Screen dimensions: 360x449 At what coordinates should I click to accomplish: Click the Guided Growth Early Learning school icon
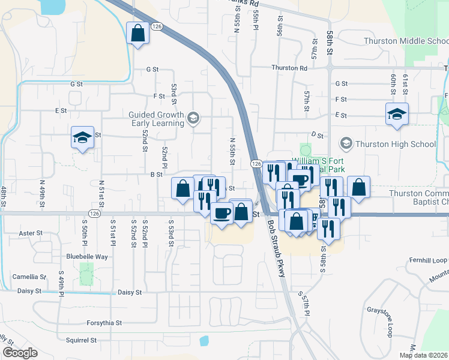(x=193, y=118)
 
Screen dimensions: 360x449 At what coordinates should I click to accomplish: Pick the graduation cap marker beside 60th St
(x=396, y=113)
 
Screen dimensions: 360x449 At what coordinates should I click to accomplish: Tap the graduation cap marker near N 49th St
(x=82, y=137)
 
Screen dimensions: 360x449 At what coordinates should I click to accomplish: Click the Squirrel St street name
(x=81, y=340)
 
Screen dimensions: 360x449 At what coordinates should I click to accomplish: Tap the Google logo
(x=20, y=353)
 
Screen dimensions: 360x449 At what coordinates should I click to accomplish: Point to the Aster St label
(x=31, y=233)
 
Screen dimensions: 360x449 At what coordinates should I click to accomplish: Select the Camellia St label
(x=29, y=277)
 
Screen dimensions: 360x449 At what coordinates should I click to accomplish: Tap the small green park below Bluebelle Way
(x=87, y=274)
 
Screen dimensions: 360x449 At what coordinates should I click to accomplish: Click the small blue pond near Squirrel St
(x=203, y=341)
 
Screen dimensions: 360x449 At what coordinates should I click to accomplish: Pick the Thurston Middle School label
(x=406, y=41)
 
